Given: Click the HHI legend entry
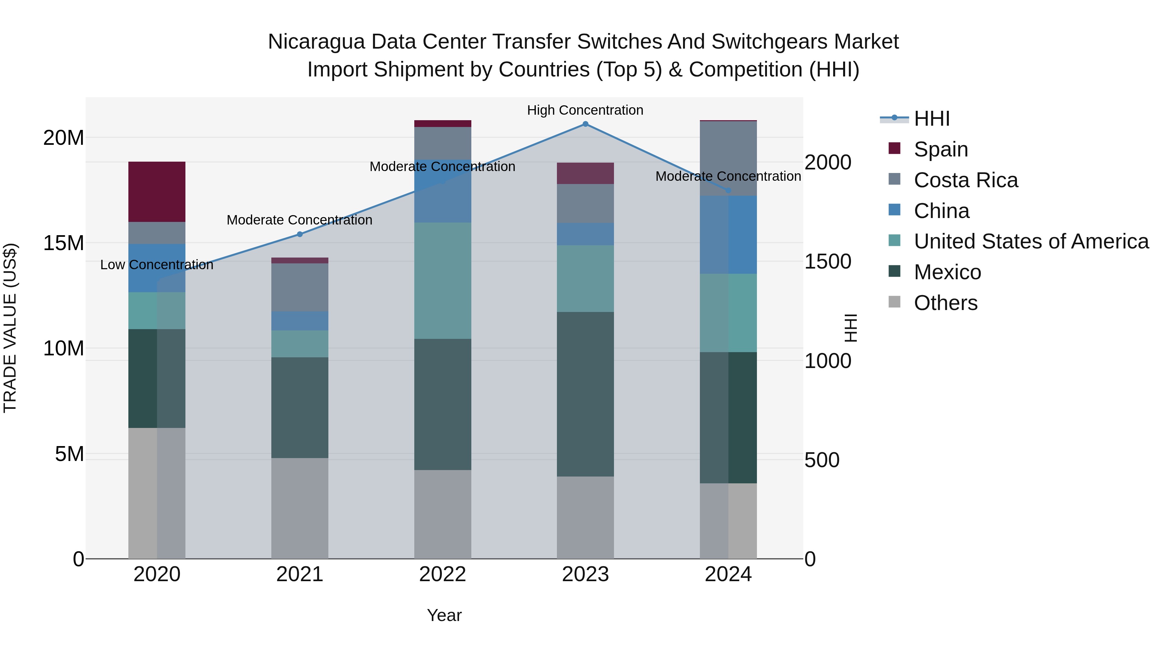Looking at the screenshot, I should pyautogui.click(x=931, y=119).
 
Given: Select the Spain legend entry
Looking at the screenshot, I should pyautogui.click(x=940, y=149).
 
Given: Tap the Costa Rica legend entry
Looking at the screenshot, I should pyautogui.click(x=965, y=180).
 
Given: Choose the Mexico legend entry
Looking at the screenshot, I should pyautogui.click(x=947, y=272).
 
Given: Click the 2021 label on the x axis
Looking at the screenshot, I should pyautogui.click(x=300, y=574).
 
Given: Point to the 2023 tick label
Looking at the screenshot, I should pyautogui.click(x=585, y=574).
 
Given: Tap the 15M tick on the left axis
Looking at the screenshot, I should pyautogui.click(x=64, y=243).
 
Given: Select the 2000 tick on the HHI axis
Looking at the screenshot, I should pyautogui.click(x=828, y=163).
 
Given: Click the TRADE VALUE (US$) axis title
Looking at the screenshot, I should pyautogui.click(x=10, y=328).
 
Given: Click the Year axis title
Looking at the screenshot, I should pyautogui.click(x=444, y=615).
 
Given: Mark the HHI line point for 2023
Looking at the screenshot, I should pyautogui.click(x=585, y=124).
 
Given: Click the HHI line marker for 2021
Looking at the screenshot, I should pyautogui.click(x=300, y=234).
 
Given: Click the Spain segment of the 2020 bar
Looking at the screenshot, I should pyautogui.click(x=157, y=191).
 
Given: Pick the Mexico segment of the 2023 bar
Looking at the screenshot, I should pyautogui.click(x=585, y=394).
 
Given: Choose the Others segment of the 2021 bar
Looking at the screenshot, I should pyautogui.click(x=300, y=508).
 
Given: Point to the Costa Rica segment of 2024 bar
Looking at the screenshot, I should pyautogui.click(x=728, y=158).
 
